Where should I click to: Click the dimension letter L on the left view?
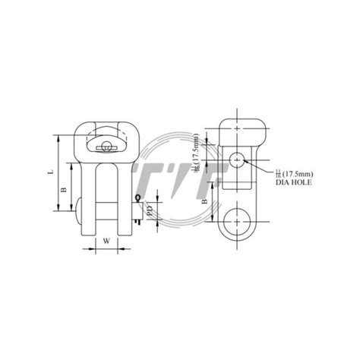point(50,173)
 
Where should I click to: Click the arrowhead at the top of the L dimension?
point(58,139)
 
